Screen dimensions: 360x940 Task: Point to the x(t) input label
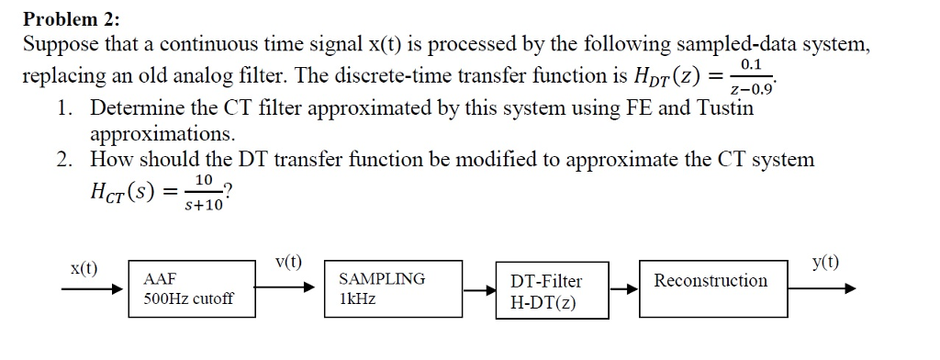point(84,268)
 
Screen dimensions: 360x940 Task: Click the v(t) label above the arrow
point(288,262)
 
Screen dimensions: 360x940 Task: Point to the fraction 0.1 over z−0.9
point(751,77)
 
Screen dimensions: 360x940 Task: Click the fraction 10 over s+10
point(205,193)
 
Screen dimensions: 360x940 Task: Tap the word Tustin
point(725,108)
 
